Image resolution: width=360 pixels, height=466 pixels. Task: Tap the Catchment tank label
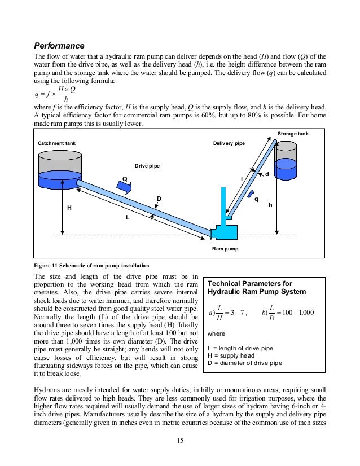(56, 144)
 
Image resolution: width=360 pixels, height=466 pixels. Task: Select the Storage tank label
(292, 134)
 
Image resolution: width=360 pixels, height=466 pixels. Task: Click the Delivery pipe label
(229, 144)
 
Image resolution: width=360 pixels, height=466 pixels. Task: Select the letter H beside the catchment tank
(69, 208)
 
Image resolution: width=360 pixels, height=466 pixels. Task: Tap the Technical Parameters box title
(257, 288)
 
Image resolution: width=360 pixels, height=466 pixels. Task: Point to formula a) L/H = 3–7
(229, 313)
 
